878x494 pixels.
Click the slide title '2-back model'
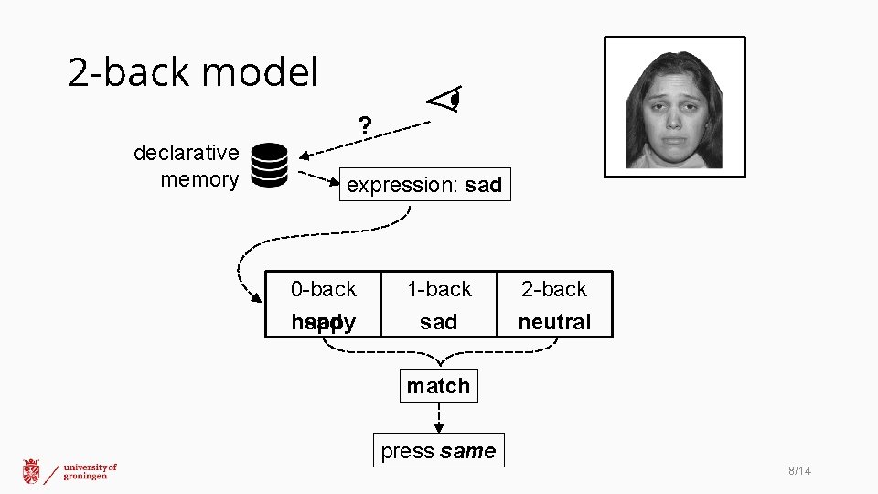click(192, 72)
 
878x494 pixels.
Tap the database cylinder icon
click(269, 166)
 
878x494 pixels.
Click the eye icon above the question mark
click(446, 99)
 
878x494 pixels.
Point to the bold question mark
click(365, 126)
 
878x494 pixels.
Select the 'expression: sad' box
click(424, 185)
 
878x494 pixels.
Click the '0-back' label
click(323, 290)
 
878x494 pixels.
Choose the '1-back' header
click(439, 290)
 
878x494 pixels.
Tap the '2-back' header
click(554, 290)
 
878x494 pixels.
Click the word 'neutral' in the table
click(554, 322)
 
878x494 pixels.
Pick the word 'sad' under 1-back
click(439, 322)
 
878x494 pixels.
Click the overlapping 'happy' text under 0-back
click(323, 322)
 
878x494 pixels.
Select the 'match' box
click(438, 386)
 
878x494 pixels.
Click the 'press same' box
click(438, 451)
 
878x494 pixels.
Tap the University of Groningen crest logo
click(32, 471)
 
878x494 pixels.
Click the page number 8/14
click(799, 471)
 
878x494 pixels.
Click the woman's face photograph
click(674, 108)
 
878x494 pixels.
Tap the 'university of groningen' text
click(91, 471)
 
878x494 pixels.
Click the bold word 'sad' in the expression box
click(483, 185)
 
